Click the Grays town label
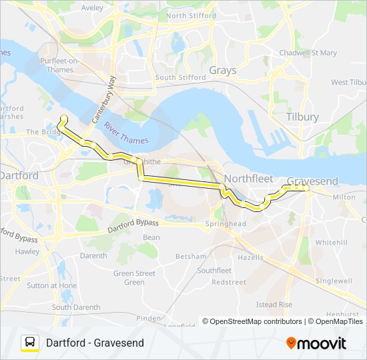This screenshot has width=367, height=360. click(x=222, y=70)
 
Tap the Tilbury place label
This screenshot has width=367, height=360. click(x=302, y=117)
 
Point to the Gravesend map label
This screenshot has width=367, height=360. click(x=312, y=181)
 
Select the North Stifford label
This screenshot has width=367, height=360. click(x=191, y=15)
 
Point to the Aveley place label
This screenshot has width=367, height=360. click(x=91, y=8)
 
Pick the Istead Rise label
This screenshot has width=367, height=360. click(x=274, y=305)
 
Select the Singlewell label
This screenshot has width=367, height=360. click(x=333, y=281)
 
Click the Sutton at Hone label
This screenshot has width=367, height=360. click(x=51, y=285)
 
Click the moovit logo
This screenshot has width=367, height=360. click(x=316, y=343)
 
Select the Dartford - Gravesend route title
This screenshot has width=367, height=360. click(x=95, y=343)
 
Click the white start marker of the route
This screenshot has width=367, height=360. click(x=64, y=119)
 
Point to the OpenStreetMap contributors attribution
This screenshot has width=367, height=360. click(x=256, y=321)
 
